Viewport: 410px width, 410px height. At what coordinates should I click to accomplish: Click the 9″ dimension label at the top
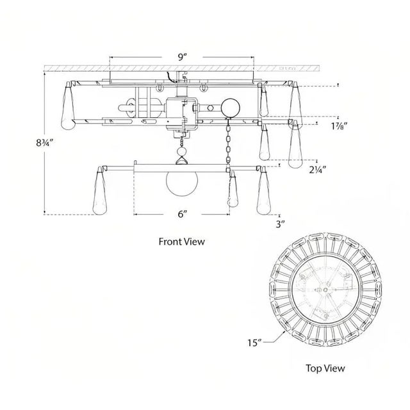[182, 57]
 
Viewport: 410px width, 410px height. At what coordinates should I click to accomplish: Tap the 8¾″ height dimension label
[45, 143]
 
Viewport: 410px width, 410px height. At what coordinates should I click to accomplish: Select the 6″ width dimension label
[182, 214]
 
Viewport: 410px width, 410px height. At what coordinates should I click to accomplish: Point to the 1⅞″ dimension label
[339, 126]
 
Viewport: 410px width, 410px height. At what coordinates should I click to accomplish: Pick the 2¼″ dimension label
[318, 170]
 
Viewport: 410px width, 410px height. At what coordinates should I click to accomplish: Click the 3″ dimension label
[280, 224]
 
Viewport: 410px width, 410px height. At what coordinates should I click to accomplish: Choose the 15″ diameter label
[255, 342]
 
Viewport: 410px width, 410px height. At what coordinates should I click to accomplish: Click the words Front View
[182, 242]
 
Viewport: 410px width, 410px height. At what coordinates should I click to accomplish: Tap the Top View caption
[325, 368]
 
